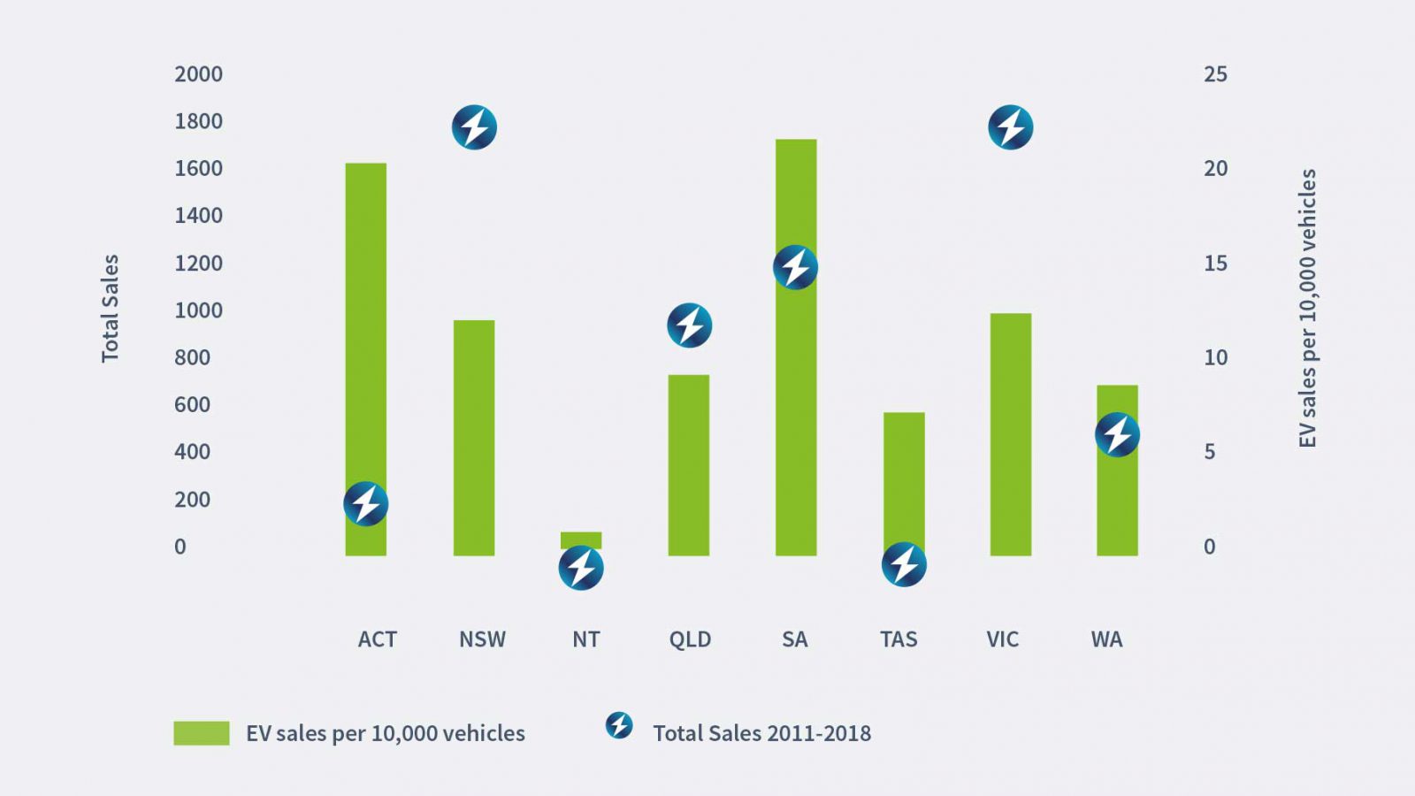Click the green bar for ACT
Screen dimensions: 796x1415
pos(365,336)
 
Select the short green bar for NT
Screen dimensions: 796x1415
pos(581,540)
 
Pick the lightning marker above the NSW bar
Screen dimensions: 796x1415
pos(474,127)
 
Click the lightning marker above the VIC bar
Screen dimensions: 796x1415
pos(1010,127)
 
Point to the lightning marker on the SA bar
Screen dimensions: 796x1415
pos(795,267)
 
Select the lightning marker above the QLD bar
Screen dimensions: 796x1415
pos(689,325)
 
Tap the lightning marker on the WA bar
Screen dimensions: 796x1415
pos(1117,434)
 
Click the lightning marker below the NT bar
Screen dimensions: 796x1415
pos(581,568)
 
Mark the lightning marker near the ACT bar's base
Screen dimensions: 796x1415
pos(365,504)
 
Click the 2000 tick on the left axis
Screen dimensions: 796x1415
pos(198,74)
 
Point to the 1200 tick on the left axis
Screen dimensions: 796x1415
pos(198,264)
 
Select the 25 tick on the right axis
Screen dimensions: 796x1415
pos(1215,74)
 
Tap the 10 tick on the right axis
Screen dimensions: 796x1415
pos(1215,357)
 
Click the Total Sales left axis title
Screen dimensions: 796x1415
pos(110,309)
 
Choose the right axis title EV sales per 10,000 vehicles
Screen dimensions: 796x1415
pos(1307,309)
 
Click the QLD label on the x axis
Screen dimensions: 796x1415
pos(690,639)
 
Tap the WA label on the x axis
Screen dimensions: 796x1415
pos(1106,639)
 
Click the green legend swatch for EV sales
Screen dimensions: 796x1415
pos(202,733)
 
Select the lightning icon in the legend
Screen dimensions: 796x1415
pos(619,725)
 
